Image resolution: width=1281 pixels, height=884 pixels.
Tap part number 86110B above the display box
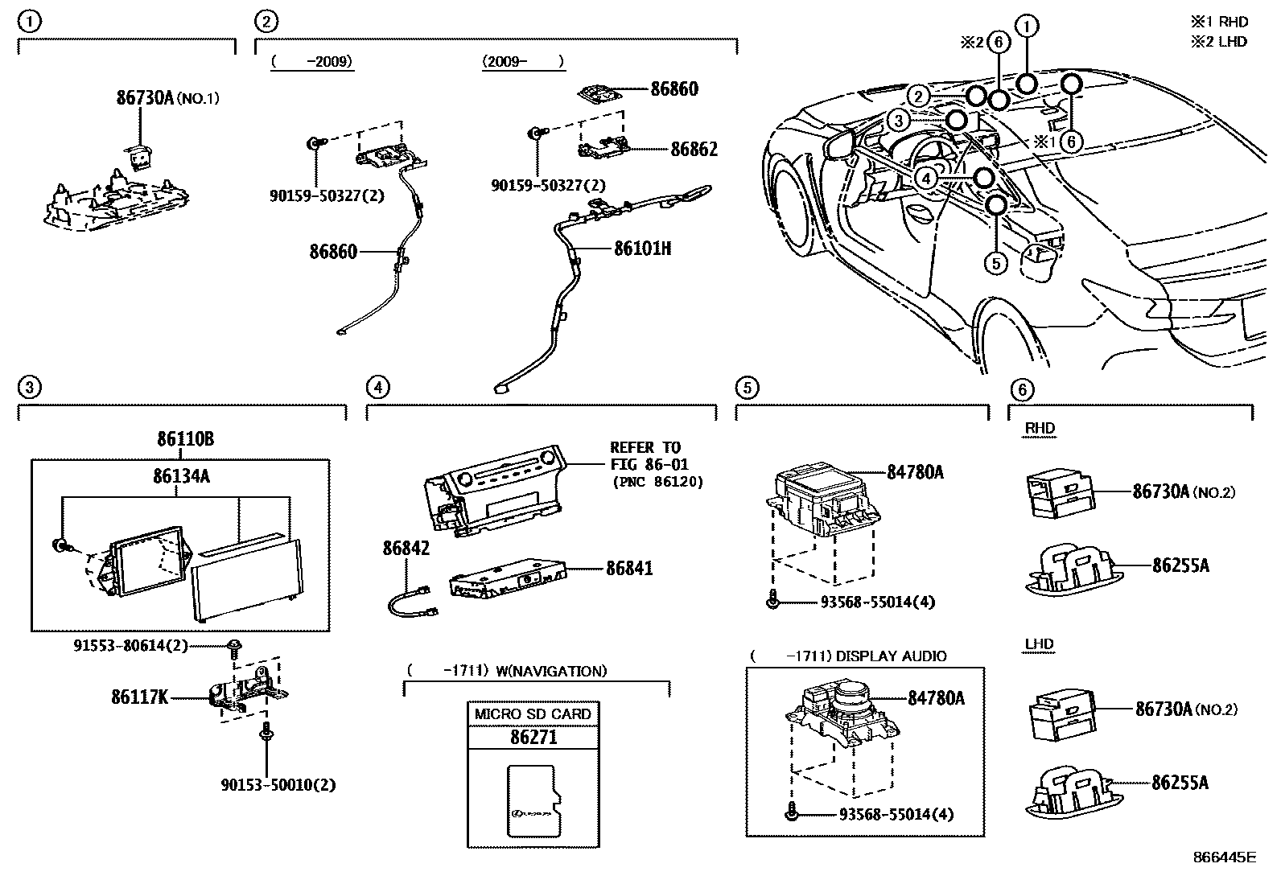click(x=185, y=439)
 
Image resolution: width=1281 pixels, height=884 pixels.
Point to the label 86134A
click(x=181, y=476)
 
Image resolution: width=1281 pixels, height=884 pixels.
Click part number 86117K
click(x=139, y=697)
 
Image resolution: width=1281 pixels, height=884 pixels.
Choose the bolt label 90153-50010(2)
click(x=278, y=784)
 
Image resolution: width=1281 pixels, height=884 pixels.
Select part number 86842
click(x=406, y=549)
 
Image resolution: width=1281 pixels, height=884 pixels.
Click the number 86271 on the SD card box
click(x=533, y=737)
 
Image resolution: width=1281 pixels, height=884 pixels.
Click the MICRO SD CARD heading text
click(x=533, y=713)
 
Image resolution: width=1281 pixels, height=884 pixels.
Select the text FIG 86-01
click(x=649, y=464)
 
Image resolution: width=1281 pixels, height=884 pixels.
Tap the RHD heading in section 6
click(x=1040, y=428)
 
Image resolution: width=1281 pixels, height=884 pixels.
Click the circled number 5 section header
click(x=747, y=388)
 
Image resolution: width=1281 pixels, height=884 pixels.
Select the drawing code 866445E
click(x=1223, y=857)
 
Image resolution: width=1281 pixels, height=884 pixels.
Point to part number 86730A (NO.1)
click(x=167, y=98)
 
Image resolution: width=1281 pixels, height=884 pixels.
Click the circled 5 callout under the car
click(x=996, y=262)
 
